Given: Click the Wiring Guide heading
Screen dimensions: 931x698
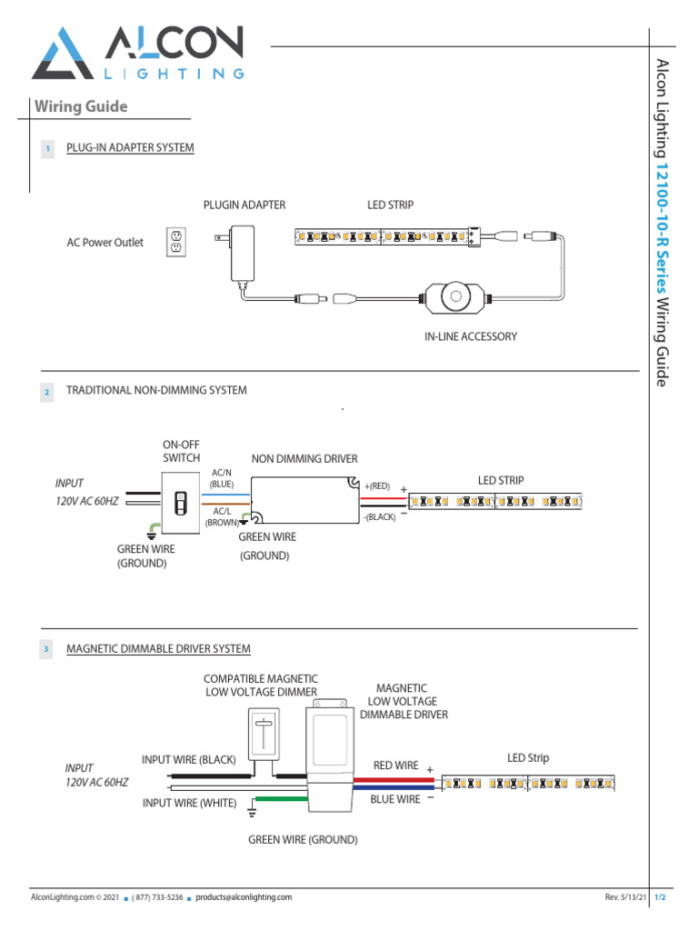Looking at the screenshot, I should pos(81,107).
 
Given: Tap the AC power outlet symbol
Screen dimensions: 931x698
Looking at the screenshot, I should pos(175,241).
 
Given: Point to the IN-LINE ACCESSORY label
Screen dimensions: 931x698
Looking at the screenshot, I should pos(471,336).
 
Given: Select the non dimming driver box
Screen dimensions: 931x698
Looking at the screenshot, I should pos(304,501).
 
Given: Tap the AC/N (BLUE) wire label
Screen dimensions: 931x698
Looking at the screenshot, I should pos(222,479).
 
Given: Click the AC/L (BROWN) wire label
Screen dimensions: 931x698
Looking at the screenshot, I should pos(222,517).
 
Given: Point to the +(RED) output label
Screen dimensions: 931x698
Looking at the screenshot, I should pos(376,486).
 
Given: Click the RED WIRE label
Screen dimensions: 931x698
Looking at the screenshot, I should pos(396,766).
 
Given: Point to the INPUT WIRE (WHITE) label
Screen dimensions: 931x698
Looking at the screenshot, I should pos(189,803).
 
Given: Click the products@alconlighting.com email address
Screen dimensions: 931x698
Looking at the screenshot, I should pos(244,897).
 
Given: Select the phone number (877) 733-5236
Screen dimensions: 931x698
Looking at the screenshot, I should pos(158,897).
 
